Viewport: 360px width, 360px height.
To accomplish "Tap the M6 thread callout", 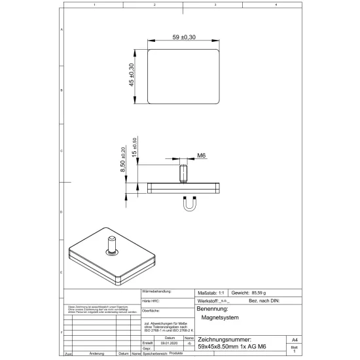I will (202, 156).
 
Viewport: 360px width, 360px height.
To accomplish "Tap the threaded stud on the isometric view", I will (110, 243).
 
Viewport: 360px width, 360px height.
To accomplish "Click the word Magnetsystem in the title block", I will (220, 317).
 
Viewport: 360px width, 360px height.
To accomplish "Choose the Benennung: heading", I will (212, 308).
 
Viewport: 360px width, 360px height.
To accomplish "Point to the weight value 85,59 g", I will (260, 293).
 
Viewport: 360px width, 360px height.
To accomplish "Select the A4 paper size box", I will (295, 340).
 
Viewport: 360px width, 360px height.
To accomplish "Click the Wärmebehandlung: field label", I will (156, 291).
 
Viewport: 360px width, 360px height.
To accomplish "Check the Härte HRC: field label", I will (151, 300).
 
